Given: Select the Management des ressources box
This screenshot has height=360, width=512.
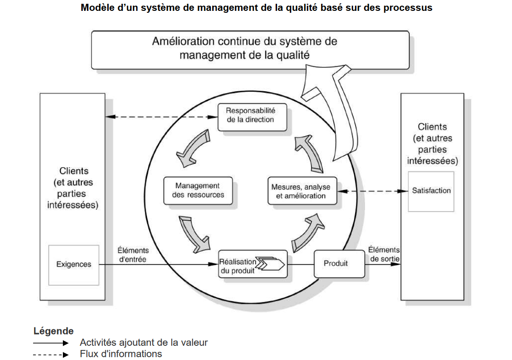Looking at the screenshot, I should (198, 191).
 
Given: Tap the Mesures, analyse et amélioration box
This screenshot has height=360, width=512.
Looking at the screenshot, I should (302, 191).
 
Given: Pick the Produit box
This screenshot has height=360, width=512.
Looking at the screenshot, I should (339, 264).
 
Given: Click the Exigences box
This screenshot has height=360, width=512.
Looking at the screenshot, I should (74, 265).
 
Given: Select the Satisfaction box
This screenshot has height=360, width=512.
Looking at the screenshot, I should (431, 191).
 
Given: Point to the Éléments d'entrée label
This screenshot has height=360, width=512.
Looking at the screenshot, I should (133, 255).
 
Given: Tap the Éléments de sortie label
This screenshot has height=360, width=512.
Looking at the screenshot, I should (383, 254).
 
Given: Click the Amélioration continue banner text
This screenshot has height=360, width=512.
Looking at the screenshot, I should (244, 48).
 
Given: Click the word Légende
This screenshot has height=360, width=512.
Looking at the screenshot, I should (53, 331).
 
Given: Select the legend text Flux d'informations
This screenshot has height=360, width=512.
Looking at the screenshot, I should (121, 354).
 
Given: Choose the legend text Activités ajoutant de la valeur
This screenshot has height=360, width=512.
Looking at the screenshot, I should (144, 343).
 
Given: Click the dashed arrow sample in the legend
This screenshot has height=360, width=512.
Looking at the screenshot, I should (51, 354).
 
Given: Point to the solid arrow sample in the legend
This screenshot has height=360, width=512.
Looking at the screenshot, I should (51, 343).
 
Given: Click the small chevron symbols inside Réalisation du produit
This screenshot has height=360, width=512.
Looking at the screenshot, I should (270, 264).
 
